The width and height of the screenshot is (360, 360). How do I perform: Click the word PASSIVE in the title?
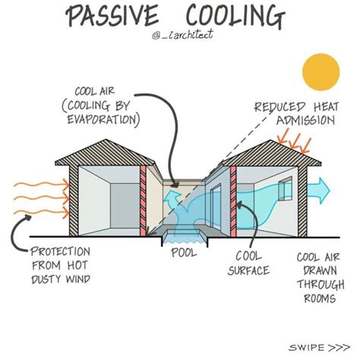pyautogui.click(x=113, y=15)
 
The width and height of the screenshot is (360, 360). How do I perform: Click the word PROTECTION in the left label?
pyautogui.click(x=61, y=252)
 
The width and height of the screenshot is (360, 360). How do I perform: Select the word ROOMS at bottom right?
pyautogui.click(x=312, y=299)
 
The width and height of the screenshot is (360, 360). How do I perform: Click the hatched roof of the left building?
pyautogui.click(x=99, y=152)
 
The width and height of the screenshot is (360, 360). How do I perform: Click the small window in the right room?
pyautogui.click(x=283, y=191)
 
